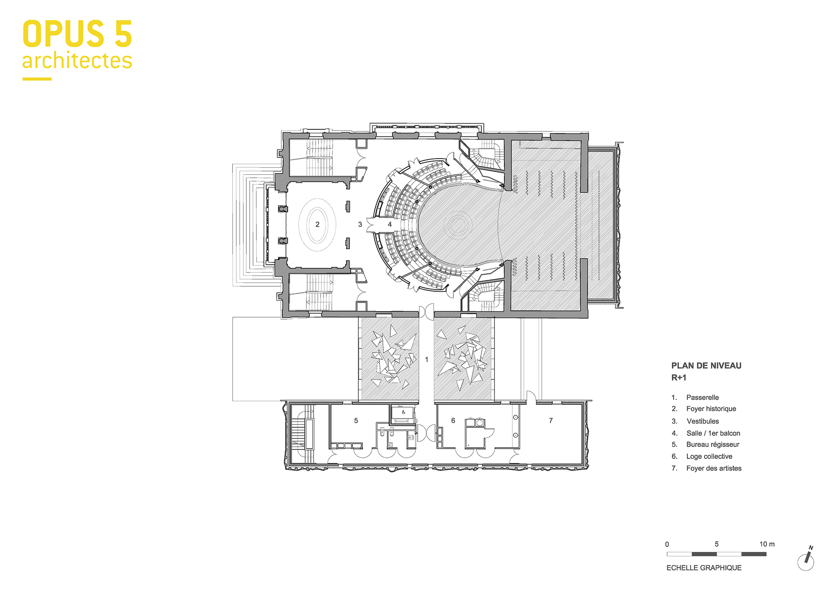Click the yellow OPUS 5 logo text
click(x=77, y=34)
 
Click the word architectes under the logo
click(x=77, y=61)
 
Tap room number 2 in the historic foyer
click(x=317, y=224)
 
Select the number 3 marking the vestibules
click(x=360, y=224)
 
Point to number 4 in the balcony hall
click(x=390, y=224)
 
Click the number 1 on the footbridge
click(x=426, y=359)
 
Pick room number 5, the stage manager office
click(x=356, y=421)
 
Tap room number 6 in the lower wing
click(x=453, y=421)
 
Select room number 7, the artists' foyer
click(x=551, y=421)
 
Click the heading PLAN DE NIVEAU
click(x=706, y=366)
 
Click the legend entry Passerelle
click(x=702, y=398)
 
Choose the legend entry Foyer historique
click(x=711, y=409)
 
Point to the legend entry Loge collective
click(x=709, y=456)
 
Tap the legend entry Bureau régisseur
click(x=713, y=444)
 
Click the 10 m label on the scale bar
click(x=767, y=544)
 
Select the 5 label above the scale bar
click(x=716, y=544)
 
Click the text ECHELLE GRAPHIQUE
click(x=704, y=568)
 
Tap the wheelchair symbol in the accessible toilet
click(x=403, y=412)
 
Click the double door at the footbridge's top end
click(x=426, y=312)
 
